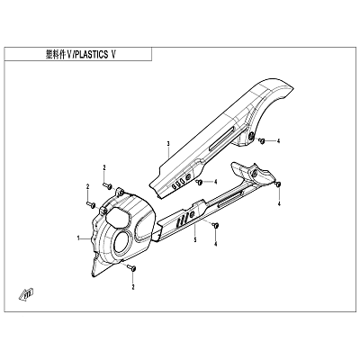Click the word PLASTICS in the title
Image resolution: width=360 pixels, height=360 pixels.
(x=90, y=55)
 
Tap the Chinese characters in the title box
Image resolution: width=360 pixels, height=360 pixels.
(x=55, y=55)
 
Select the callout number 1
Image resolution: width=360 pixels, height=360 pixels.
(x=78, y=238)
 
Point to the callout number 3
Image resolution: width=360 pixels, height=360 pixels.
(x=168, y=144)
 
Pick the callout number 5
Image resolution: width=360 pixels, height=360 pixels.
(x=195, y=239)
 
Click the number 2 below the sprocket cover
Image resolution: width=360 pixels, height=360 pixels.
(x=133, y=287)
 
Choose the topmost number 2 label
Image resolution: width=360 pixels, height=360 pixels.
(x=104, y=167)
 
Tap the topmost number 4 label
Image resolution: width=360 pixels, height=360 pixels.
(x=278, y=141)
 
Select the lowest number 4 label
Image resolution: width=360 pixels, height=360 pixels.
(x=215, y=245)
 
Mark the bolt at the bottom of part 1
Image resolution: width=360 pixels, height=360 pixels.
(x=131, y=267)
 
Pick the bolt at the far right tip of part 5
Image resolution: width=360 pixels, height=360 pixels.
(x=278, y=184)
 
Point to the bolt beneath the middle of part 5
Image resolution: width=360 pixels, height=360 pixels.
(x=215, y=225)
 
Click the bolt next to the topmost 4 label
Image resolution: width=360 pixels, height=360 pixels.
(x=261, y=140)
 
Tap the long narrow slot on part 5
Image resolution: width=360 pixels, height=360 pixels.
(x=229, y=200)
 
